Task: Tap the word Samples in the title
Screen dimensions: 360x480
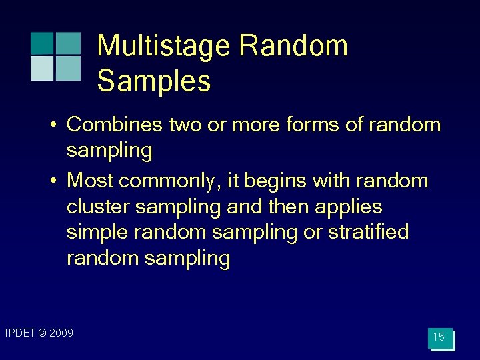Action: click(x=154, y=81)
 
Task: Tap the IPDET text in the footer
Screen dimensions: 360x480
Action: click(x=20, y=333)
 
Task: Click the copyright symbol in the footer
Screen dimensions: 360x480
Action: click(x=43, y=333)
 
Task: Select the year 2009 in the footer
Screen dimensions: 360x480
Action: click(x=62, y=333)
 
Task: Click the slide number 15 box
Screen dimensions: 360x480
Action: click(x=439, y=337)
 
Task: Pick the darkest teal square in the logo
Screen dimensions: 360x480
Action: click(x=42, y=43)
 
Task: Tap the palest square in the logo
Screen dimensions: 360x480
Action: click(x=42, y=68)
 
